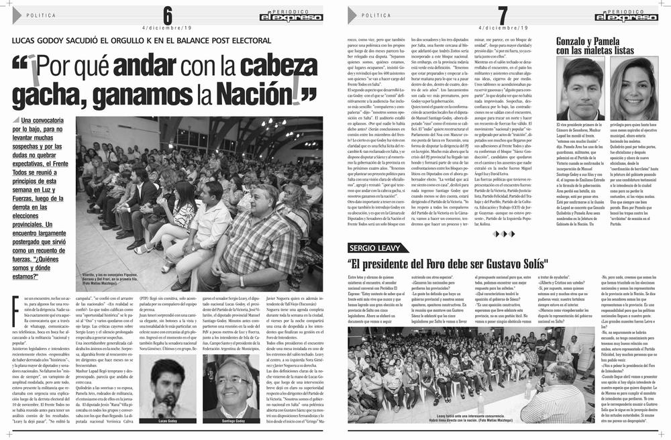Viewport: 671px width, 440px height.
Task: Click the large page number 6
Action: (x=167, y=14)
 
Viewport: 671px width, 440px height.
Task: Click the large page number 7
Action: (x=503, y=14)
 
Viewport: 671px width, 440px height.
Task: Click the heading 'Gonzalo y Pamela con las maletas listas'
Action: (x=595, y=46)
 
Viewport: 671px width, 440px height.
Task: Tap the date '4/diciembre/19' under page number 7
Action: (x=503, y=28)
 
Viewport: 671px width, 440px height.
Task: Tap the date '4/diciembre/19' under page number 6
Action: (x=167, y=28)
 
